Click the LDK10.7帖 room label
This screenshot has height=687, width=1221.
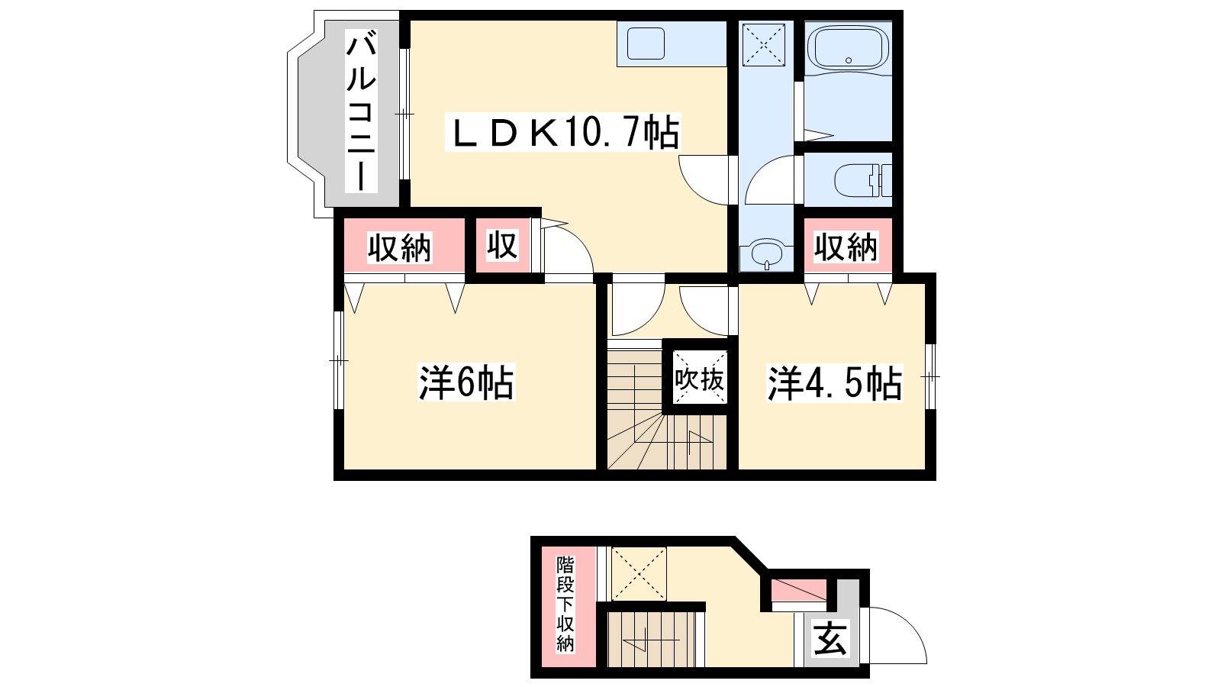[562, 132]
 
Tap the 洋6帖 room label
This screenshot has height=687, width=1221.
[466, 382]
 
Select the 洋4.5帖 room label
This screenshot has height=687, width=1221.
[835, 383]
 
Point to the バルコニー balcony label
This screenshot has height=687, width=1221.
[362, 111]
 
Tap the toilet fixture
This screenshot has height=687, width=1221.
[863, 179]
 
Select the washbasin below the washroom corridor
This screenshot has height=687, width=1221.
[766, 253]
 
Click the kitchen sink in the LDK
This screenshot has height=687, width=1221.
[646, 43]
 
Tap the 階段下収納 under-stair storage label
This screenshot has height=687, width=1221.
[565, 604]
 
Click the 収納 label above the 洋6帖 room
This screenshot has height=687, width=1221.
[400, 248]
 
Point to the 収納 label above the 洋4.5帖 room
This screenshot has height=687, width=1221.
[846, 247]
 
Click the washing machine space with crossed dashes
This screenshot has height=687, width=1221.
[763, 43]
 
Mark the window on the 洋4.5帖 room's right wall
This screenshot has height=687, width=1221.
[931, 376]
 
